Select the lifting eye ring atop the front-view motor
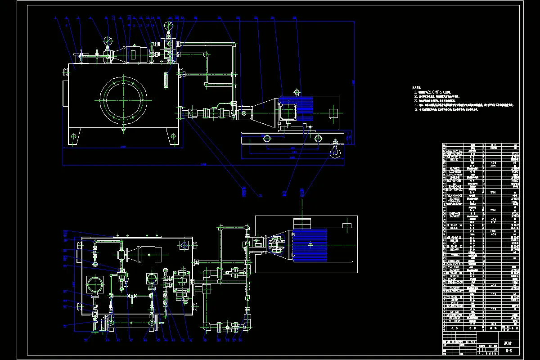point(296,89)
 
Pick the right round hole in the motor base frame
point(318,138)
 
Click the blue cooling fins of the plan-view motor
point(310,245)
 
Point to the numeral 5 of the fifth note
point(415,109)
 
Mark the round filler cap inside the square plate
point(95,284)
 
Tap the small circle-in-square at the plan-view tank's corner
point(184,245)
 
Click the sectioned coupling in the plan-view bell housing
point(275,246)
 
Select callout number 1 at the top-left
point(54,18)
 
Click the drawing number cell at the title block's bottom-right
point(509,349)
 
